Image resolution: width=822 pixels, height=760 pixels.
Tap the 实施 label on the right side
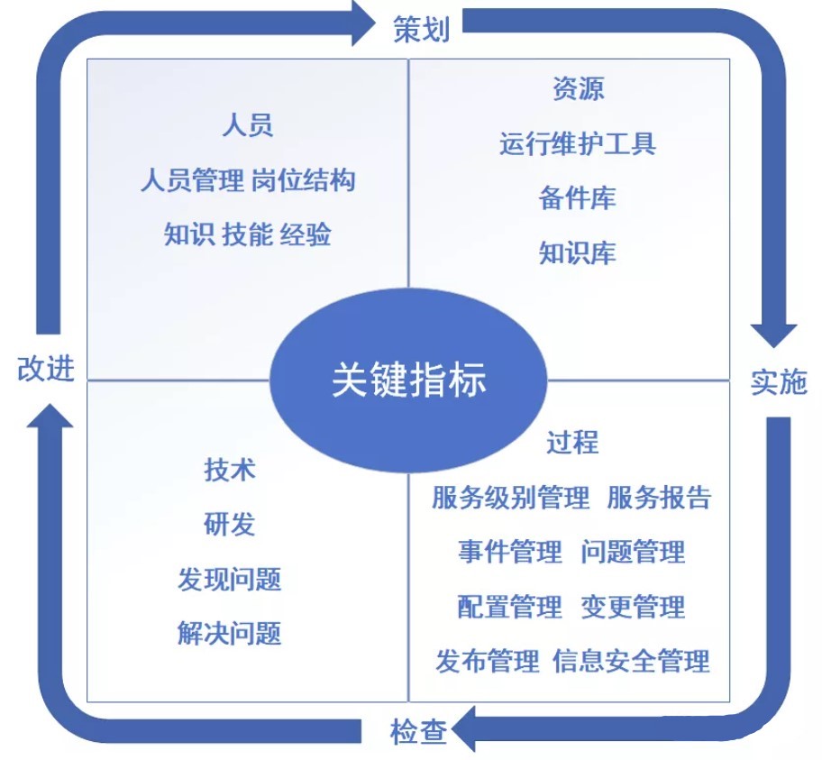coord(779,382)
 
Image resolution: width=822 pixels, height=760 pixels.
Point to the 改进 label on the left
coord(45,369)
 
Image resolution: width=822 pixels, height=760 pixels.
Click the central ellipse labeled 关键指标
coord(408,380)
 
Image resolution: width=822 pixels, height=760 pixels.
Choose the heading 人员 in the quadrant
coord(247,125)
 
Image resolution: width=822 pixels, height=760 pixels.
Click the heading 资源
coord(578,88)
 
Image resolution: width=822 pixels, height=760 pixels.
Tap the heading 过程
coord(571,443)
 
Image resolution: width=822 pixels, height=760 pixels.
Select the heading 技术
coord(230,470)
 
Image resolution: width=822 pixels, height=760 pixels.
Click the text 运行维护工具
coord(578,143)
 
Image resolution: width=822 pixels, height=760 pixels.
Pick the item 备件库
coord(578,198)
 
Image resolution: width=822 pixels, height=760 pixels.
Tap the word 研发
coord(230,524)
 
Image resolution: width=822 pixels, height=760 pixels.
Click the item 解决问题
coord(230,633)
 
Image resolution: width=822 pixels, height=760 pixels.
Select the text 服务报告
coord(660,497)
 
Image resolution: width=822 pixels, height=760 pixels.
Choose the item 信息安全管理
coord(632,661)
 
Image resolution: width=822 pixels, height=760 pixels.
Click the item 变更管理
coord(633,607)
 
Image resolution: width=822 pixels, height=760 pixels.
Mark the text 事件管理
coord(509,552)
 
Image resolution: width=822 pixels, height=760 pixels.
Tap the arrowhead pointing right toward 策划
coord(362,23)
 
